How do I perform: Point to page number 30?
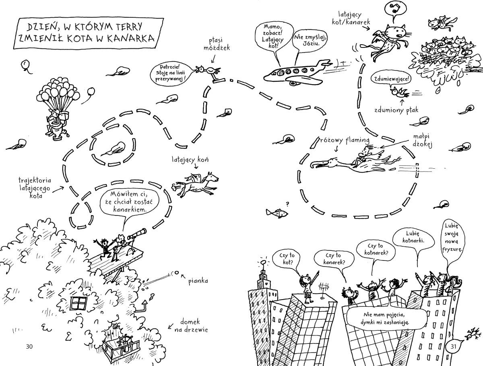click(x=29, y=347)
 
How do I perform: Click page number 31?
click(x=453, y=347)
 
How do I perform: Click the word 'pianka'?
click(x=198, y=281)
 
